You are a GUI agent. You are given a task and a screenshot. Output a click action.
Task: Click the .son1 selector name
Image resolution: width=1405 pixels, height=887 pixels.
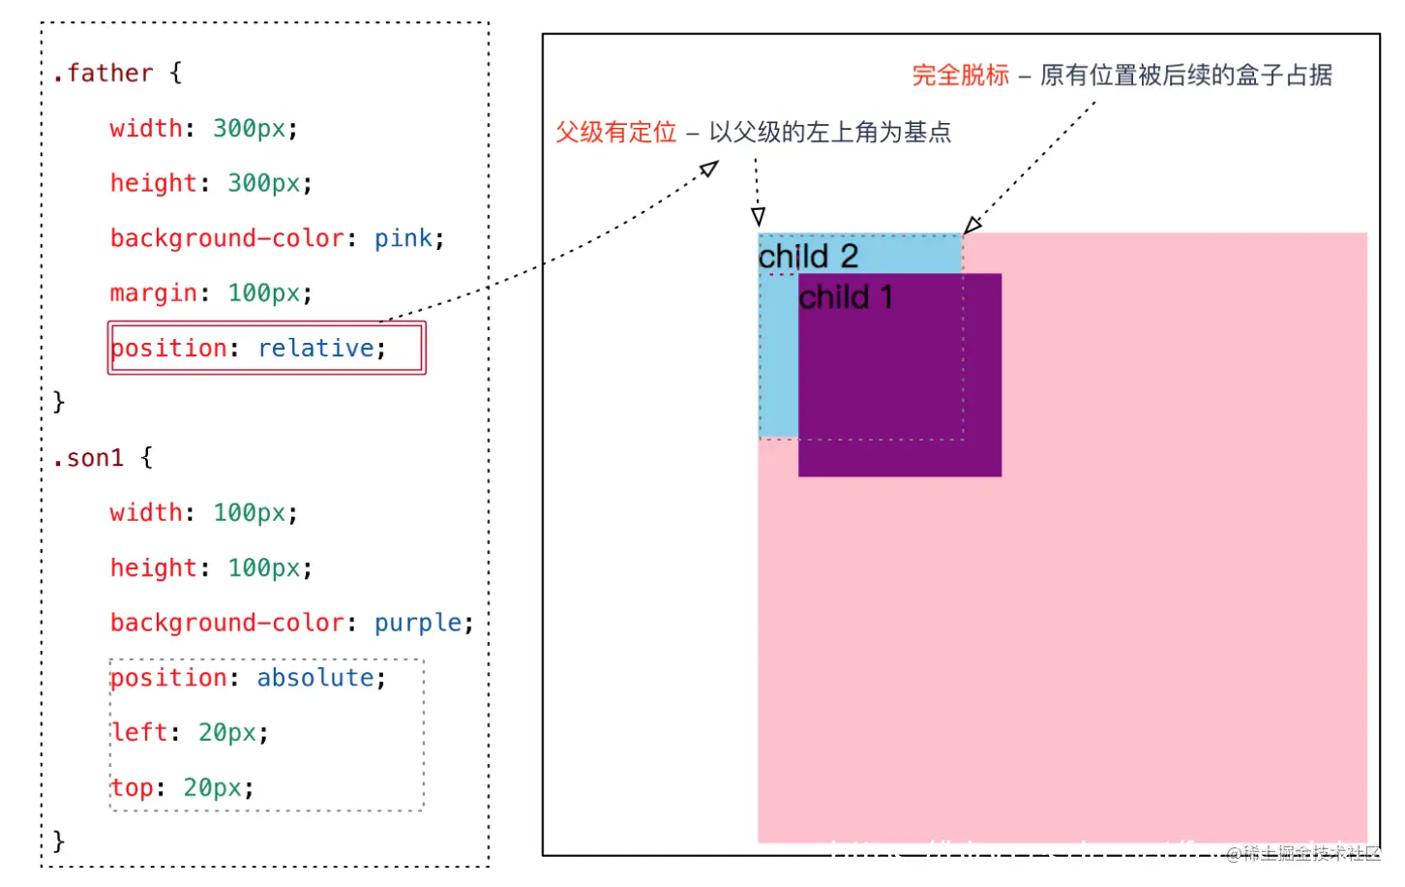[88, 458]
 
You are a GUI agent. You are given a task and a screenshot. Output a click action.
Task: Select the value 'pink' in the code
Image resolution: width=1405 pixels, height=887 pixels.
[404, 238]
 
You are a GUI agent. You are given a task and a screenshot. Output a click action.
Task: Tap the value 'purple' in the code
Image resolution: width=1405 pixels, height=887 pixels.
[418, 623]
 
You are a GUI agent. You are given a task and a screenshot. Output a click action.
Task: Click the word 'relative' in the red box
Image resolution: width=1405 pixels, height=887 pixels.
[315, 349]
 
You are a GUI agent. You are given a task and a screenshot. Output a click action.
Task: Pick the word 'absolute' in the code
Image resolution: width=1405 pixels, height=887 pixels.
[315, 678]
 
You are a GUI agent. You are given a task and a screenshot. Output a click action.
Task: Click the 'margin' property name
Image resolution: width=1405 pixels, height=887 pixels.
[153, 293]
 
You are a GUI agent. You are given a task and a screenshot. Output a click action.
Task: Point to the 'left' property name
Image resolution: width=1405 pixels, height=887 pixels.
[139, 733]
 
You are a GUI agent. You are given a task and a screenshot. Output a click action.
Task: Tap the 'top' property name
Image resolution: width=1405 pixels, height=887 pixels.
[132, 788]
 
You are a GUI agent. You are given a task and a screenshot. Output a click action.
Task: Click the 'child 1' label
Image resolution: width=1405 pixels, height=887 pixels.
[845, 297]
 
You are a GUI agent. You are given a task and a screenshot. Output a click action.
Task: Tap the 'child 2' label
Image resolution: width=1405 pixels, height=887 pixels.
[808, 257]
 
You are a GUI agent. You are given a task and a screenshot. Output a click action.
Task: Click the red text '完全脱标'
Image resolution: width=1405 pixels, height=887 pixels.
[960, 76]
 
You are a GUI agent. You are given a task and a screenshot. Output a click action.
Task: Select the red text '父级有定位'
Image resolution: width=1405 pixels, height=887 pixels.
[615, 133]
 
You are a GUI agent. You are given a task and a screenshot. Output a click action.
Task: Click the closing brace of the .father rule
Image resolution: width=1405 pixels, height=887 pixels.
[59, 402]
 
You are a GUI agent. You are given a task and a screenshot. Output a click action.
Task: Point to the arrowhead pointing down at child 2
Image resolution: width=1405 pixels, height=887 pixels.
[759, 217]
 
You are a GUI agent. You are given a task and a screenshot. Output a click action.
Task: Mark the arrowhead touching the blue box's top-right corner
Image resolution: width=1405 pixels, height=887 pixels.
[972, 226]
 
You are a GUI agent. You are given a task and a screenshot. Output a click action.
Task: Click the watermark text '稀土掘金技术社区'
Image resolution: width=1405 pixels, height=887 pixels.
[1310, 853]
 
